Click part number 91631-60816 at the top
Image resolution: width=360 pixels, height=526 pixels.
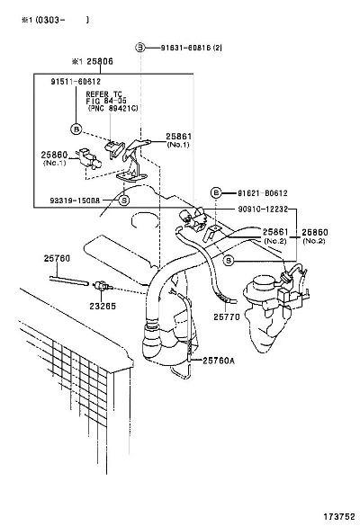(186, 48)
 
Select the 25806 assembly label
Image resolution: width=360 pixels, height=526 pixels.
(100, 61)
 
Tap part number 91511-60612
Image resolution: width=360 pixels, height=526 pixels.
(76, 82)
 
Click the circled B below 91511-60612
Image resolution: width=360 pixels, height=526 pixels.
(76, 129)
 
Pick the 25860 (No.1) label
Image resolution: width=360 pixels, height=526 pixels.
(54, 158)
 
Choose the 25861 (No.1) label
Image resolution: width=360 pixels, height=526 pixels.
(179, 140)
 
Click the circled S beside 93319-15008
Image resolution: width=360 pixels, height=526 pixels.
(124, 201)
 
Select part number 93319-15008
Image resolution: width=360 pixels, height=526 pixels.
(75, 201)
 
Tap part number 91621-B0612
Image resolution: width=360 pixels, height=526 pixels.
(262, 193)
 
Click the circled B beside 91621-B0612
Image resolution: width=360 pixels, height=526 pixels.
(216, 192)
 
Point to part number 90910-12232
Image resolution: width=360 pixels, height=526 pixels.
(263, 209)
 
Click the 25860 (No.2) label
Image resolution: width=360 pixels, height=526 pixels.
(315, 236)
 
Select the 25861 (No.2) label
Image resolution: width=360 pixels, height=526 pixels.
(275, 236)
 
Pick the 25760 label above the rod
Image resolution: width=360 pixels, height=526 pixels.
(57, 258)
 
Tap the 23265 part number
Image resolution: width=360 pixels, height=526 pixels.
(103, 306)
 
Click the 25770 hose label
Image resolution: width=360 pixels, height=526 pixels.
(227, 316)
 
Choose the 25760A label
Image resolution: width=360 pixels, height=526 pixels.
(219, 361)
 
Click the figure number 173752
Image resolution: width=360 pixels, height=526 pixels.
(339, 516)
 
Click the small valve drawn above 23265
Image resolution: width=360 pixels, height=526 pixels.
(103, 287)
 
